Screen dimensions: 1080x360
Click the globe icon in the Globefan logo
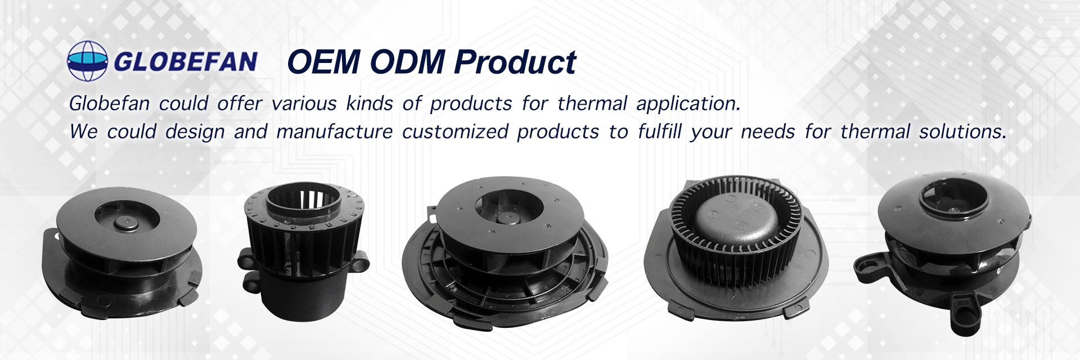(x=87, y=61)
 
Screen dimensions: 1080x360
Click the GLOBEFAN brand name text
(x=186, y=61)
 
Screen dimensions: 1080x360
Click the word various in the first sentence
(x=304, y=103)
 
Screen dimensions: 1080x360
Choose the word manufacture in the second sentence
(x=335, y=132)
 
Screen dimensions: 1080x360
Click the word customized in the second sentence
(x=455, y=132)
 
